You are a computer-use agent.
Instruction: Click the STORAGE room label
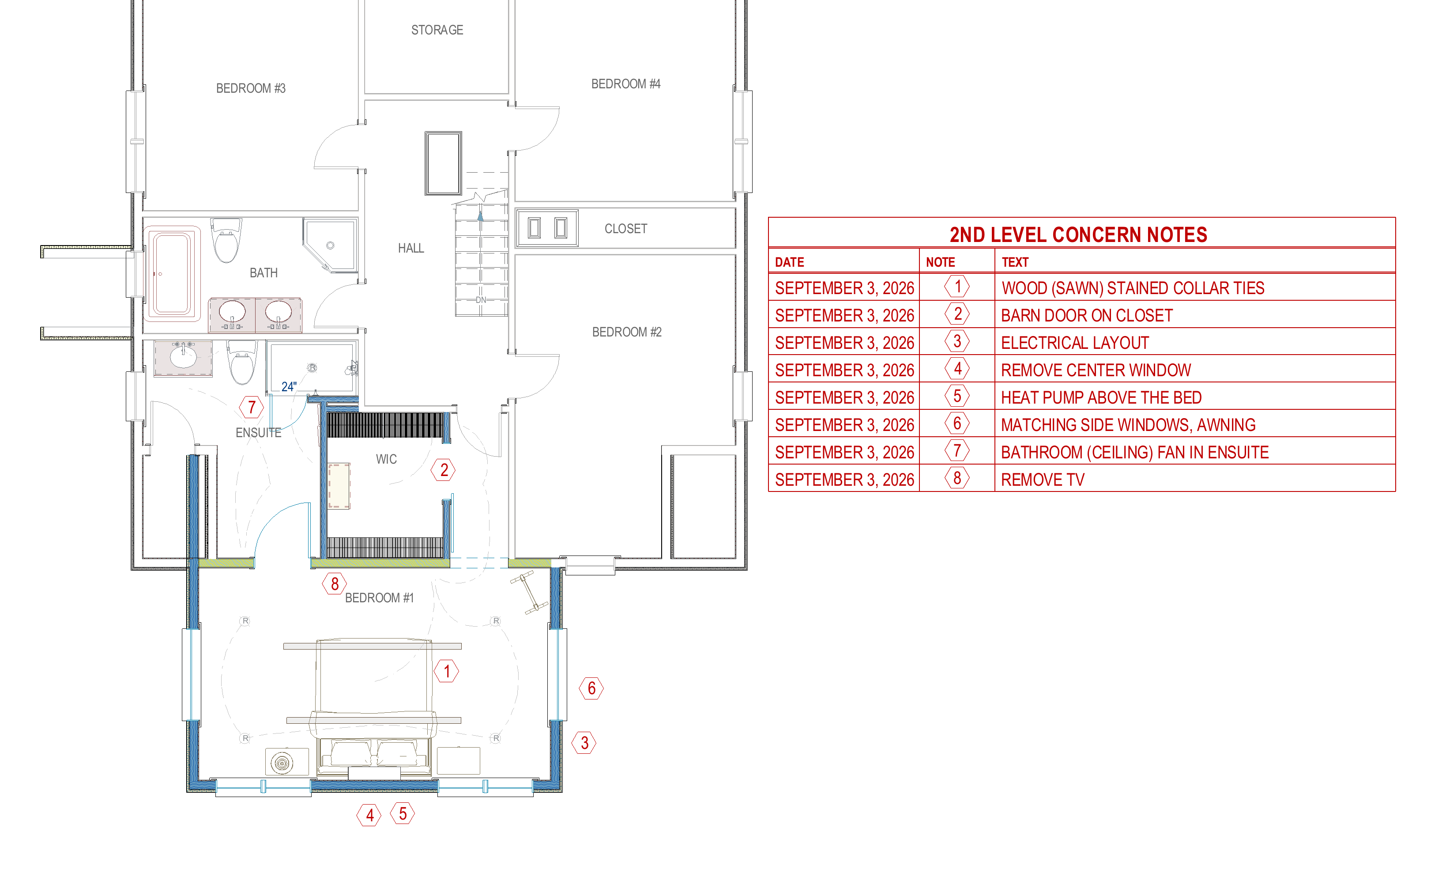(x=437, y=30)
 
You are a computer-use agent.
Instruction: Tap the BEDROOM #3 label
(x=251, y=88)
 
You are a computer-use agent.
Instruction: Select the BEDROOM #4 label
(x=625, y=84)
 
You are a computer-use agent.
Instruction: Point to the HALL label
(x=411, y=248)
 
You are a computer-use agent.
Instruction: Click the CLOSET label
(x=625, y=229)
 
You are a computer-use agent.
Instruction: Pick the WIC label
(x=386, y=460)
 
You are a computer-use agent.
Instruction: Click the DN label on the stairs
(x=481, y=300)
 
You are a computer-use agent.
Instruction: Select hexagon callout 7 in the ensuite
(x=252, y=407)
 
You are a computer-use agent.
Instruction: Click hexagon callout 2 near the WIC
(x=444, y=470)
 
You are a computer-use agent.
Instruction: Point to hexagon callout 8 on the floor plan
(x=334, y=584)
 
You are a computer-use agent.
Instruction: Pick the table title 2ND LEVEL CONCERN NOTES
(x=1078, y=235)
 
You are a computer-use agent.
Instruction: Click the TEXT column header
(x=1015, y=263)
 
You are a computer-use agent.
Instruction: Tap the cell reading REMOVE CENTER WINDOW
(x=1096, y=370)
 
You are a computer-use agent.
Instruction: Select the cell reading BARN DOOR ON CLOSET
(x=1087, y=316)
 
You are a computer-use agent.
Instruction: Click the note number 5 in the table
(x=957, y=397)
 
